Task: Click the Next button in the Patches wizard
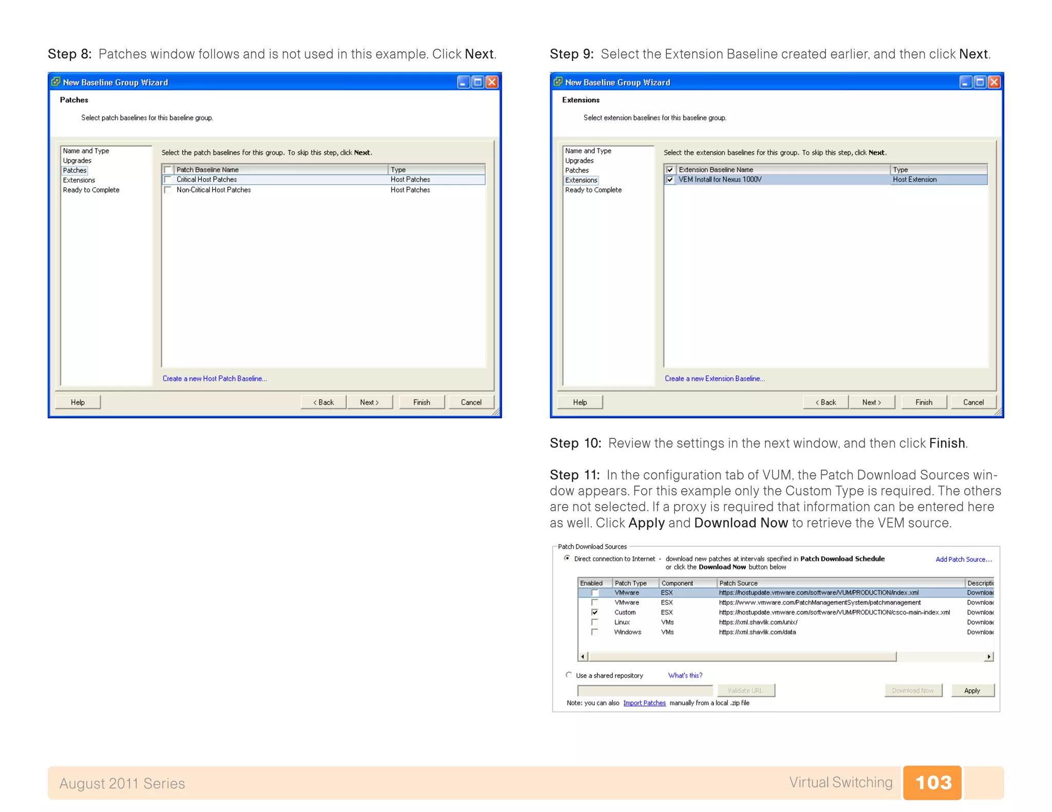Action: point(369,402)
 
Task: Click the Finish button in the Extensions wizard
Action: point(923,402)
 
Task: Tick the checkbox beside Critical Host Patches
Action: point(168,180)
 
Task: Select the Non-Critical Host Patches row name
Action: point(213,190)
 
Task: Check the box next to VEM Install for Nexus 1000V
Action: point(670,180)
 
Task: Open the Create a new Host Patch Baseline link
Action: point(214,378)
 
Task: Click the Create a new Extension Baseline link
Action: point(714,378)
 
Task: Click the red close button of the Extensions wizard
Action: point(994,82)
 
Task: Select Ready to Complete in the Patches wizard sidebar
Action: point(91,190)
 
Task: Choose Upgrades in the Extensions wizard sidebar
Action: point(579,161)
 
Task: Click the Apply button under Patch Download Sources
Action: point(972,690)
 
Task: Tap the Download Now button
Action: point(913,690)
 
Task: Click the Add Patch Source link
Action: point(963,559)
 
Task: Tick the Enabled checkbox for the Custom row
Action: point(594,612)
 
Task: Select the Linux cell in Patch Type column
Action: point(622,622)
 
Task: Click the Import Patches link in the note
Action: point(644,703)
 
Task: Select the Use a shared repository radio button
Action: point(569,675)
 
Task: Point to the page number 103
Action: point(932,782)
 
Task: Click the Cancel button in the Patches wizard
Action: point(471,402)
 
